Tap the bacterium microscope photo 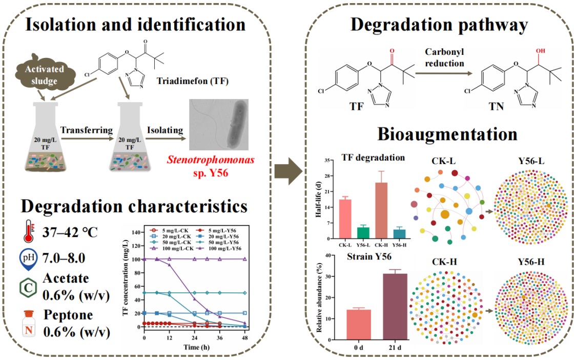(219, 125)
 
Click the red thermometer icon (29, 231)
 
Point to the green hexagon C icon (28, 288)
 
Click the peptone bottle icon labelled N (29, 324)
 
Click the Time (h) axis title (196, 347)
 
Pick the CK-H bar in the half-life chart (381, 211)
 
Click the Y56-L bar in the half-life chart (363, 233)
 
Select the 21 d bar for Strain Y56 (395, 307)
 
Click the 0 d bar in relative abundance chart (359, 325)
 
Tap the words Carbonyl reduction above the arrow (444, 57)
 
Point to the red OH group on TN (541, 51)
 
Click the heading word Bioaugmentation (447, 134)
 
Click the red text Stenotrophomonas (211, 160)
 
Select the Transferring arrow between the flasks (87, 139)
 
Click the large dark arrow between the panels (289, 171)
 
